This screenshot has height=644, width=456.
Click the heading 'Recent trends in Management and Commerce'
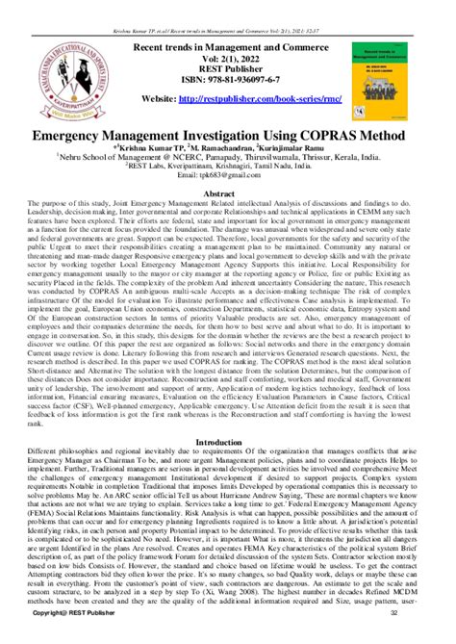point(228,44)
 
